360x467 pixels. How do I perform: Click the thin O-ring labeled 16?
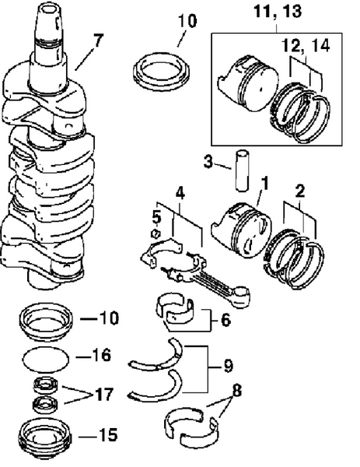coord(44,360)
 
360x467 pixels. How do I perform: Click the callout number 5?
coord(156,213)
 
